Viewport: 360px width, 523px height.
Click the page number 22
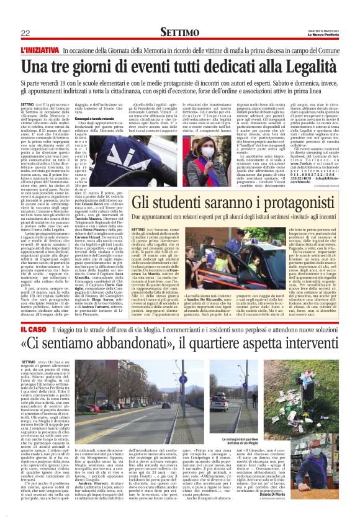pyautogui.click(x=26, y=32)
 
